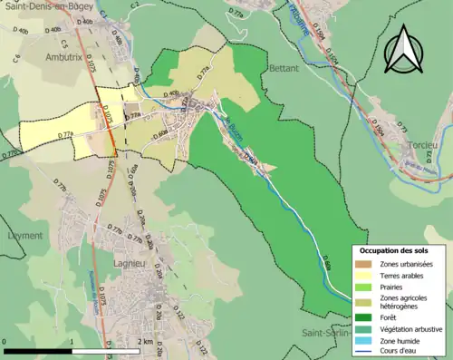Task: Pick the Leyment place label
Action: click(23, 235)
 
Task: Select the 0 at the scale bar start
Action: click(6, 341)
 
